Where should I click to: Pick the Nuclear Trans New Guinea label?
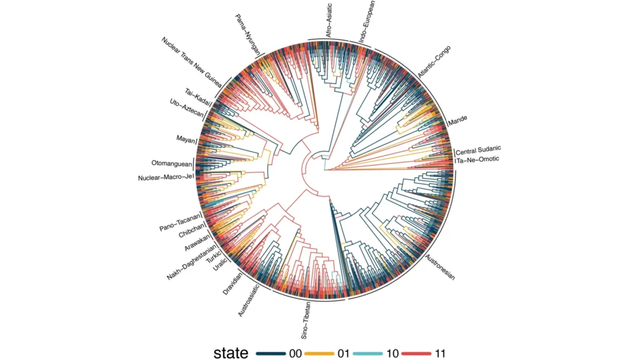(196, 60)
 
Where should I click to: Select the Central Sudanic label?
(479, 149)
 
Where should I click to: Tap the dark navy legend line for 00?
(271, 353)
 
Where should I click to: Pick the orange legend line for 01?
(319, 353)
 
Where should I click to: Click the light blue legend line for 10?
(368, 353)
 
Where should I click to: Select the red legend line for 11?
(417, 353)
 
